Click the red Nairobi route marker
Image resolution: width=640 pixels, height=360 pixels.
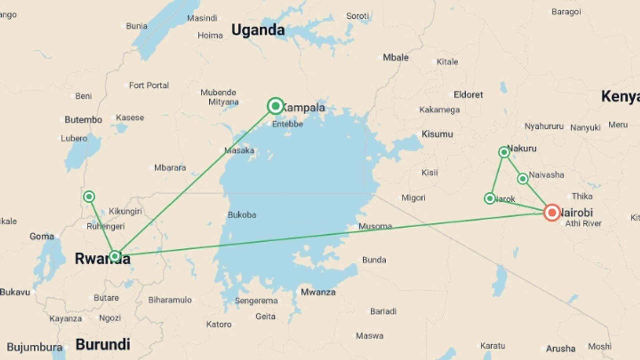click(552, 212)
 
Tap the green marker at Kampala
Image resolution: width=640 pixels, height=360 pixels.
click(275, 106)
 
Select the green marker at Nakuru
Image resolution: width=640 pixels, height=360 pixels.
click(504, 152)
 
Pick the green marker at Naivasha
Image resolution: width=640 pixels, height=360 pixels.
click(523, 179)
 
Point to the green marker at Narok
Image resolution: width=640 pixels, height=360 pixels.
click(490, 199)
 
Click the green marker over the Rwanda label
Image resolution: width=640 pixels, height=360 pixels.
click(115, 256)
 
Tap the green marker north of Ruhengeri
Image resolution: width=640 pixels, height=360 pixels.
click(89, 197)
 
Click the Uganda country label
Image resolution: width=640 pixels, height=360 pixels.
click(258, 30)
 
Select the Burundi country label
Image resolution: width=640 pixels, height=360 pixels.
click(103, 344)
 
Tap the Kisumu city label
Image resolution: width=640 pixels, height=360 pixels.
click(437, 134)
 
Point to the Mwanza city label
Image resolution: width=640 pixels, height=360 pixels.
click(318, 292)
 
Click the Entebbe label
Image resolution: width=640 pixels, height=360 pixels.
click(287, 124)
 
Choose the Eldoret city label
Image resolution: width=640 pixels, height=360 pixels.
click(468, 95)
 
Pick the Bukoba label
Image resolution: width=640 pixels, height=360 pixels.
click(242, 215)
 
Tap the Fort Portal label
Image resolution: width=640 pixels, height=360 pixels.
click(149, 86)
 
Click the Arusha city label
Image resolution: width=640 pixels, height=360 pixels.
click(560, 349)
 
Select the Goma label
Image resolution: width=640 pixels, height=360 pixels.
click(42, 236)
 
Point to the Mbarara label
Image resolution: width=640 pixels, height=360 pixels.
click(170, 168)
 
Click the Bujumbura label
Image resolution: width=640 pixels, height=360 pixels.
click(35, 347)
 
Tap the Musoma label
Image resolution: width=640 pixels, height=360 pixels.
click(375, 226)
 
